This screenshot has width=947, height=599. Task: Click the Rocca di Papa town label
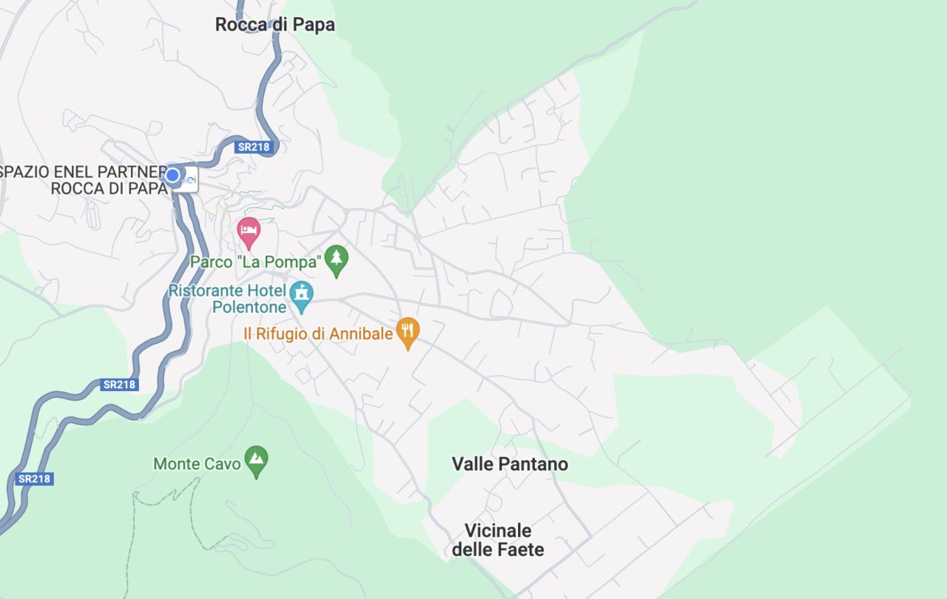(x=274, y=24)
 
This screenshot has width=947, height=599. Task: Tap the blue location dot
(x=172, y=175)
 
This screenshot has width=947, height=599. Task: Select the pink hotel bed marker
(x=249, y=232)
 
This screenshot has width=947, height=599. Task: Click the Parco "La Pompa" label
(x=256, y=262)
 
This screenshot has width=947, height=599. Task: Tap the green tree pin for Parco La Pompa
(x=337, y=260)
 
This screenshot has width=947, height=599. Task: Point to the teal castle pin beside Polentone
(x=301, y=294)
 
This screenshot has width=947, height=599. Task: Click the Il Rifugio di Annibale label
(x=318, y=334)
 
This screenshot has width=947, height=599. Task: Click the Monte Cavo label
(x=197, y=464)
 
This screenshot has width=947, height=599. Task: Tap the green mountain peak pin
(x=256, y=460)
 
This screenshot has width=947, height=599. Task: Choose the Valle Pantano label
(x=510, y=464)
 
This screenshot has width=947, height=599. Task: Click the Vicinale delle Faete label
(x=498, y=540)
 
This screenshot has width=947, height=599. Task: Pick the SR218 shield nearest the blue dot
(x=254, y=147)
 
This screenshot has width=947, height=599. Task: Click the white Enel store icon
(x=188, y=178)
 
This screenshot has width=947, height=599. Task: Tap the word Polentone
(x=249, y=306)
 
